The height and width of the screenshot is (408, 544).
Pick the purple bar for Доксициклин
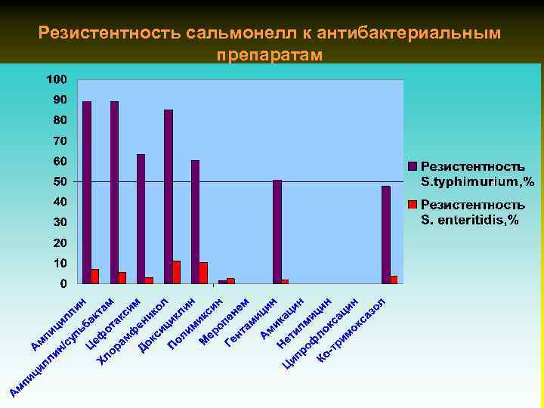coord(196,222)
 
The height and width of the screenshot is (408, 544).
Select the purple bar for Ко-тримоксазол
coord(386,235)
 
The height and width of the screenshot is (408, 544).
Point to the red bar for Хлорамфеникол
coord(177,273)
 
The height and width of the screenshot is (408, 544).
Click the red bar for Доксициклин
coord(204,274)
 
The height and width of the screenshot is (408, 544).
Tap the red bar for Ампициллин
coord(95,277)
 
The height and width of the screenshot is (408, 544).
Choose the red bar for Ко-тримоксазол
coord(394,280)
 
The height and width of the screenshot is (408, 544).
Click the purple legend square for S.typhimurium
coord(413,165)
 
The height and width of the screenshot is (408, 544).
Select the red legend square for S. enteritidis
coord(413,205)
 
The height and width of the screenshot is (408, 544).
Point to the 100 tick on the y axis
coord(57,79)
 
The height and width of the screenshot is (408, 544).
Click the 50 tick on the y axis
coord(59,182)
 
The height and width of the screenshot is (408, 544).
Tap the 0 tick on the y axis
coord(63,284)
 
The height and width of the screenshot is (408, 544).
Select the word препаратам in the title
coord(270,55)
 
